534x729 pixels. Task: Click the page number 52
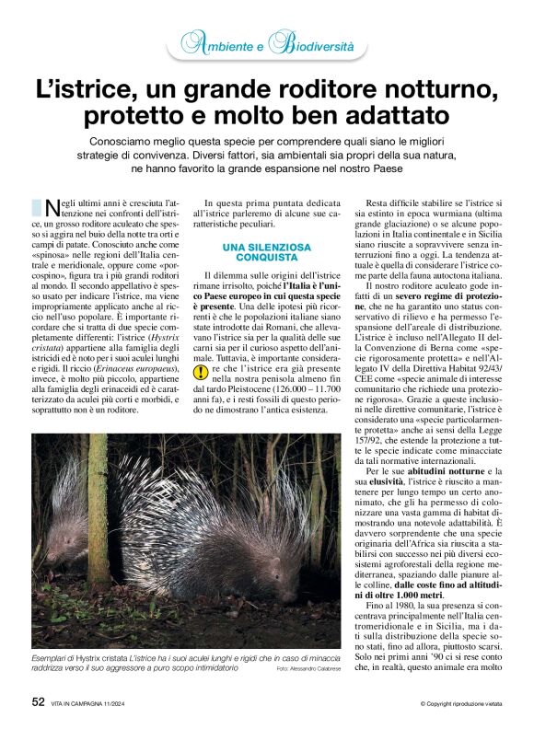(39, 701)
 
